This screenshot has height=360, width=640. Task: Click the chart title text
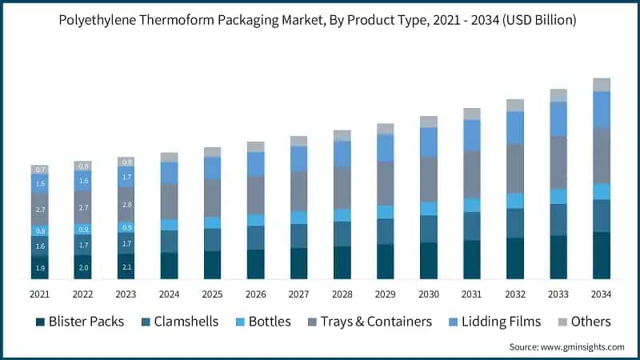click(x=320, y=20)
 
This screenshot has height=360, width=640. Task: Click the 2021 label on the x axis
click(x=40, y=294)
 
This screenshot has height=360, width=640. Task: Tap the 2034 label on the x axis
click(x=601, y=294)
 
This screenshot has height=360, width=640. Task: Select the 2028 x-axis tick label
click(x=342, y=294)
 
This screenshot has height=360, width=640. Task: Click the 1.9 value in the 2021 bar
click(x=40, y=268)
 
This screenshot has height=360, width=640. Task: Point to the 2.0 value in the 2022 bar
click(x=83, y=267)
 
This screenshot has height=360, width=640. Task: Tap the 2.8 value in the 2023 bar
click(x=126, y=205)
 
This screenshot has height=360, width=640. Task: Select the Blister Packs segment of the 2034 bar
click(x=601, y=255)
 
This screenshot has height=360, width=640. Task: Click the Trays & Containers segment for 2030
click(x=429, y=178)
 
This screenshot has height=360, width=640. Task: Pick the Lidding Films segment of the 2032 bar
click(x=515, y=127)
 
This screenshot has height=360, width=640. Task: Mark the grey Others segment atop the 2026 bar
click(x=256, y=146)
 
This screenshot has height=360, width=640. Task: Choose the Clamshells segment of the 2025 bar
click(x=213, y=239)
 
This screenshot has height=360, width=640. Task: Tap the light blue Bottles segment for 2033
click(x=558, y=196)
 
